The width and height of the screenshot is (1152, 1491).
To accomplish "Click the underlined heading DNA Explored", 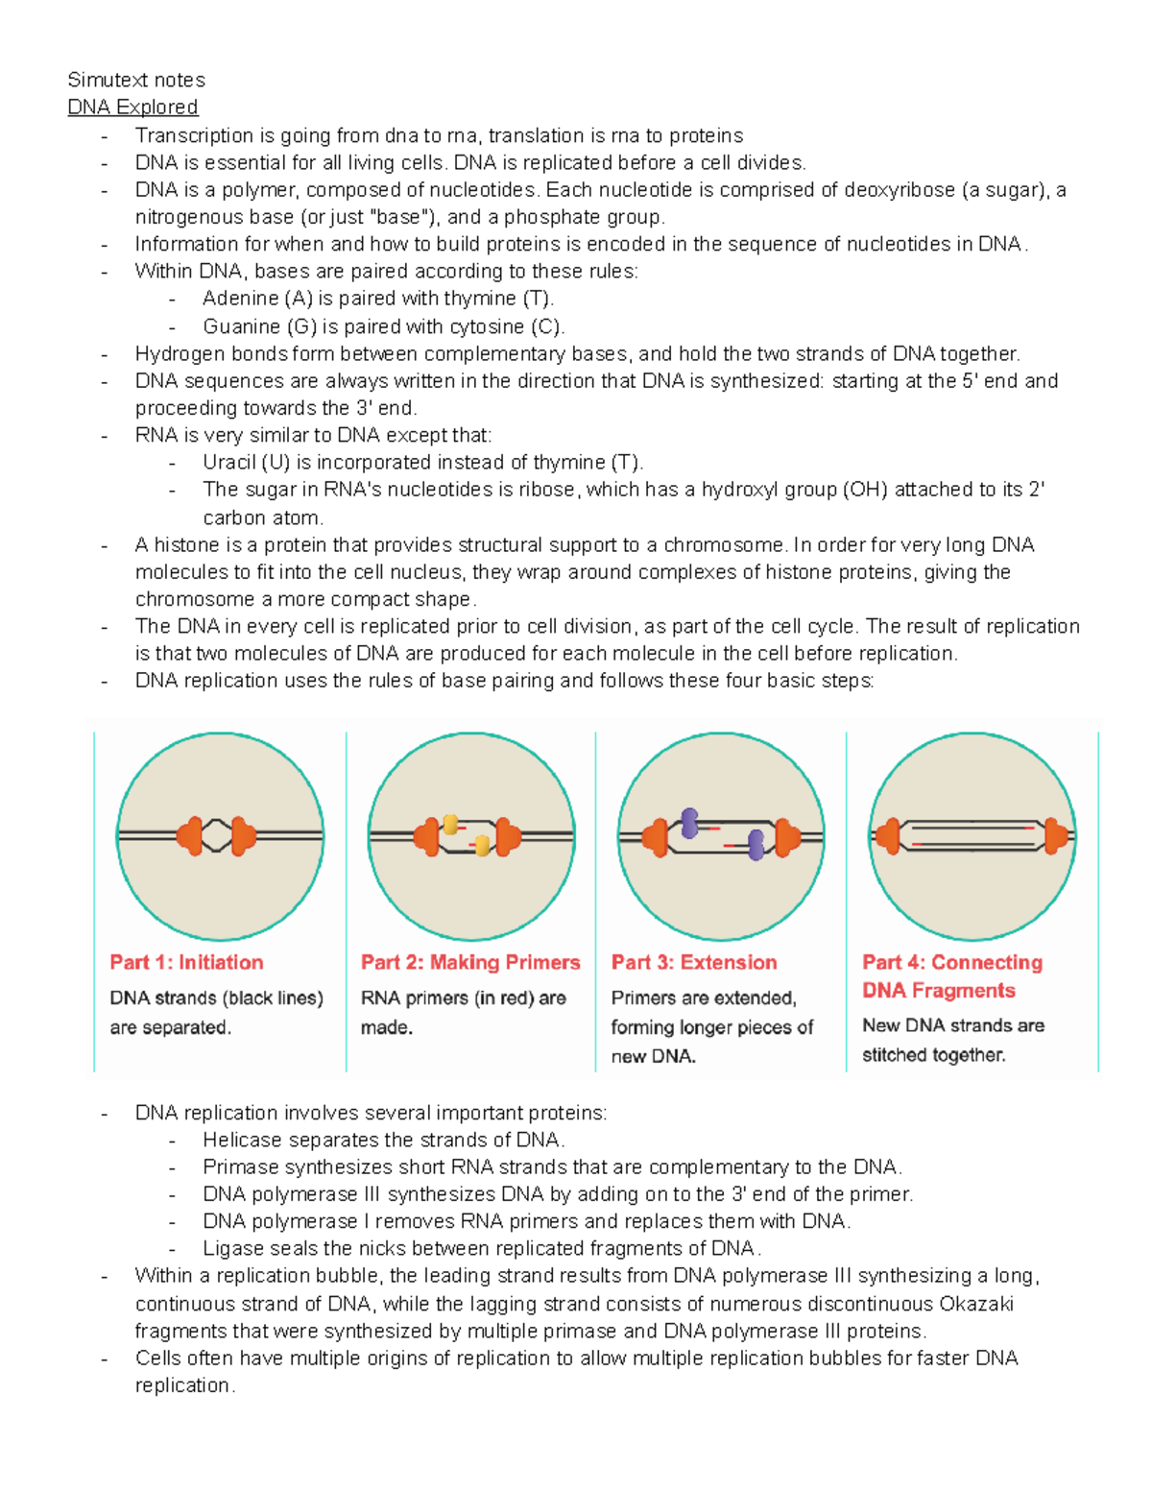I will coord(132,108).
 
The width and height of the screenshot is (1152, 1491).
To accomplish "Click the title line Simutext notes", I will coord(136,80).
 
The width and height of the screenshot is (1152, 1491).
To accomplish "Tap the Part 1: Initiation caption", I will coord(186,962).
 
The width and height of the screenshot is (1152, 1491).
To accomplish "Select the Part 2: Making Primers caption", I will coord(470,962).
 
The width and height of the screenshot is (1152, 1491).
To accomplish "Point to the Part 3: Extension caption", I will coord(694,962).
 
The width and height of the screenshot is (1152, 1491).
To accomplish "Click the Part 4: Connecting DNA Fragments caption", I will coord(951,975).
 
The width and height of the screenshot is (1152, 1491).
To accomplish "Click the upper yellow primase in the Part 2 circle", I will coord(449,825).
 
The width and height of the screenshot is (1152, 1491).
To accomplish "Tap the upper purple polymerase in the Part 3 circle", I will coord(689,823).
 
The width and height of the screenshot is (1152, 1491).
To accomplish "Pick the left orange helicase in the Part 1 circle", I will coord(191,836).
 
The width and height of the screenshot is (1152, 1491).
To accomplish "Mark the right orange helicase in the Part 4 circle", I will coord(1055,836).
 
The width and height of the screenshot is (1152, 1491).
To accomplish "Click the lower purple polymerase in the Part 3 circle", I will coord(756,845).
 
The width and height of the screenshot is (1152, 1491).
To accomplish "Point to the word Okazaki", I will coord(976,1304).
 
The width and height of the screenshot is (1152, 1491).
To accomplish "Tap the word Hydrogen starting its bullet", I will coord(177,354).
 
